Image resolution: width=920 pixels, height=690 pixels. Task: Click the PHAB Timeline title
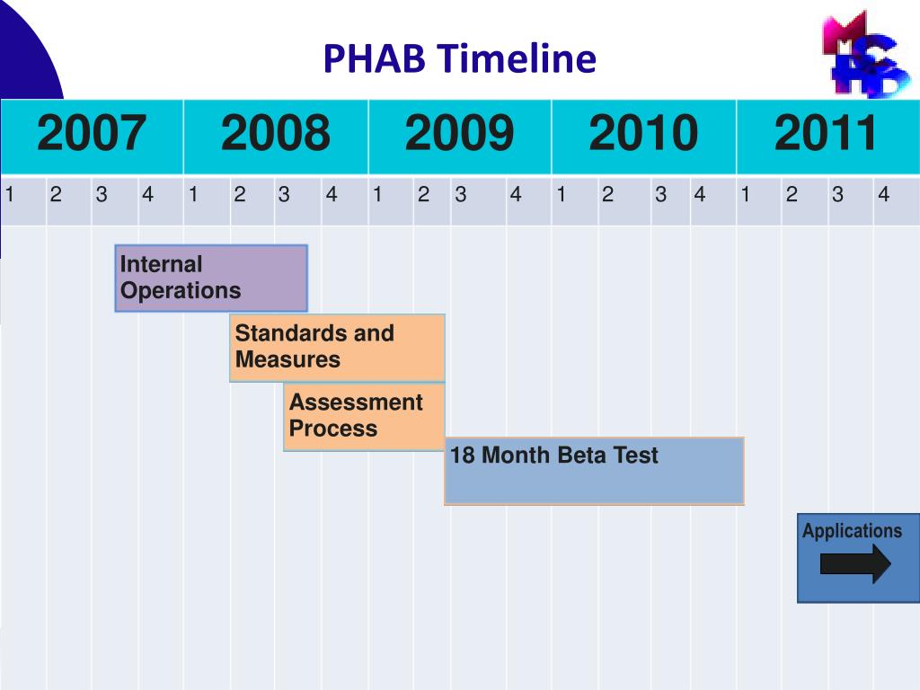pyautogui.click(x=459, y=59)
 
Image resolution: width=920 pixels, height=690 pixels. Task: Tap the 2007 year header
pyautogui.click(x=92, y=135)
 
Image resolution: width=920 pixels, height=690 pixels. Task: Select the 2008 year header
pyautogui.click(x=276, y=135)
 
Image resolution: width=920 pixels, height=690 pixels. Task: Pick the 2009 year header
pyautogui.click(x=459, y=135)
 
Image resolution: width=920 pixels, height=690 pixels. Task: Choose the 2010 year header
pyautogui.click(x=643, y=135)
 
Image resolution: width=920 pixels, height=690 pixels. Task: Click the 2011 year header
pyautogui.click(x=827, y=135)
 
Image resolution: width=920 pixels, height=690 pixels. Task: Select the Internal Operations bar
pyautogui.click(x=211, y=278)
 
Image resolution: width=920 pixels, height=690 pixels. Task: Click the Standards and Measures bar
pyautogui.click(x=337, y=347)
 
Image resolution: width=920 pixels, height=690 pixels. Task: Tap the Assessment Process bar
pyautogui.click(x=364, y=416)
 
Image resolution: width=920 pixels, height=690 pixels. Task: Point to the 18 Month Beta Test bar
pyautogui.click(x=594, y=471)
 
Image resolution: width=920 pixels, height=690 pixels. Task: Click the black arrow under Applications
pyautogui.click(x=855, y=563)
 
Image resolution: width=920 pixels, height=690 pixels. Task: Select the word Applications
pyautogui.click(x=852, y=531)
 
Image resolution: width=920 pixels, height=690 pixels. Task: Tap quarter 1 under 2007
pyautogui.click(x=10, y=194)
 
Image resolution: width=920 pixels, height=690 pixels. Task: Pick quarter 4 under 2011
pyautogui.click(x=884, y=194)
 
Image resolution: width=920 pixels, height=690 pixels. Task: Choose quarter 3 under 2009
pyautogui.click(x=461, y=194)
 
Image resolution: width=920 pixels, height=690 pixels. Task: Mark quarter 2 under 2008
pyautogui.click(x=240, y=194)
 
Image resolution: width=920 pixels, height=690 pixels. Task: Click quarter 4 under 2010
pyautogui.click(x=700, y=194)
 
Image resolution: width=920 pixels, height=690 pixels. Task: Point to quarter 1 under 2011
pyautogui.click(x=746, y=194)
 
